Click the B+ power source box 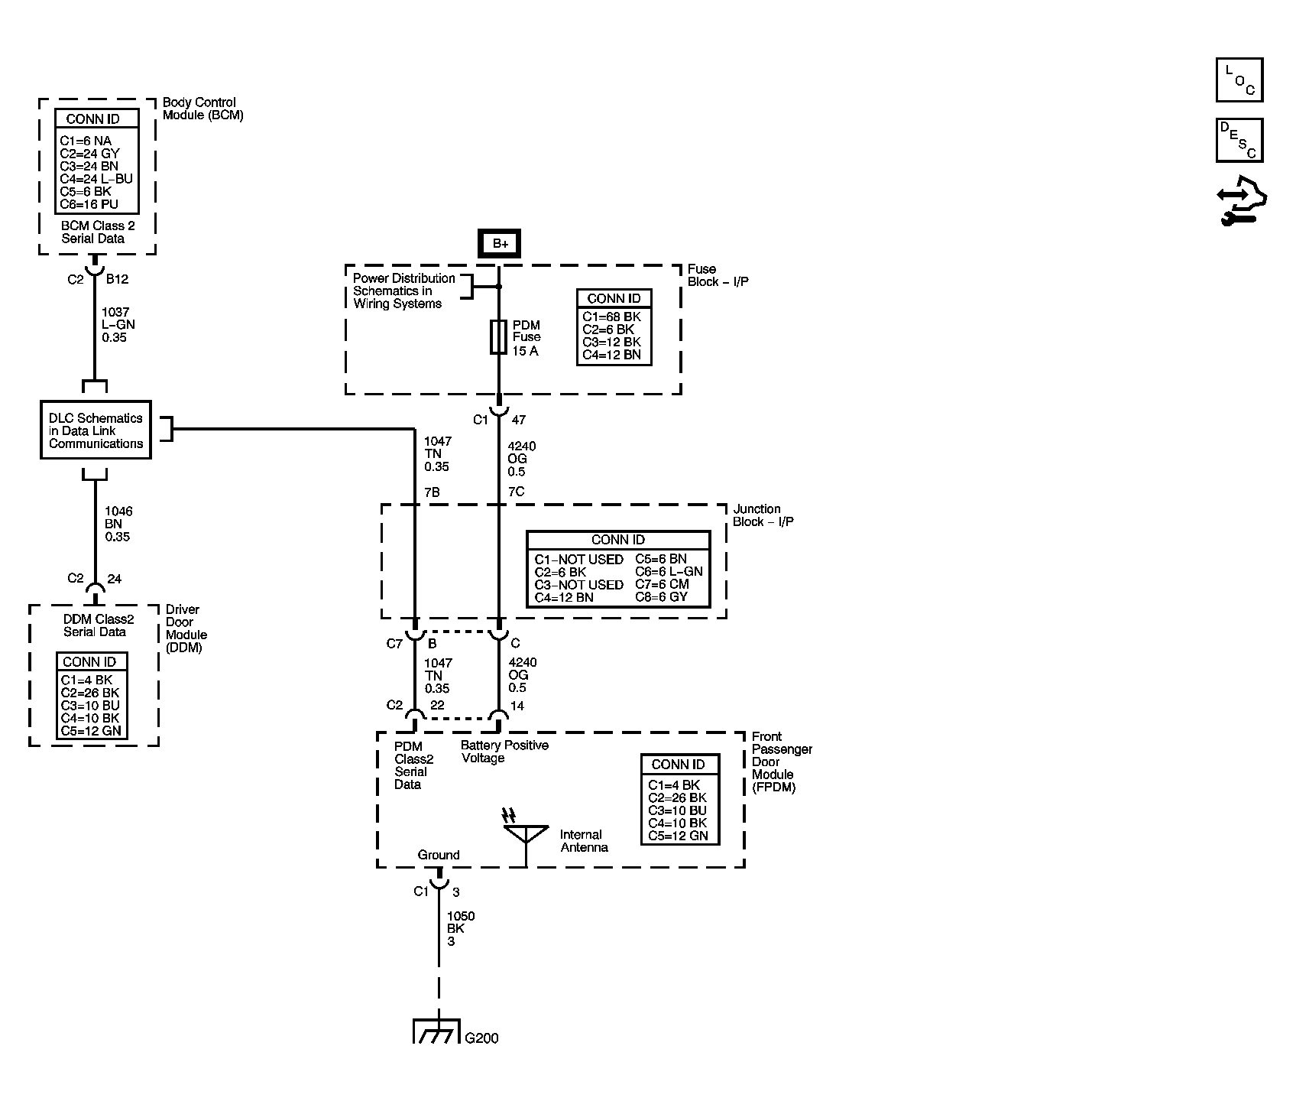pos(500,243)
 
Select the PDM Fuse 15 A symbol pos(498,336)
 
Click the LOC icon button pos(1239,80)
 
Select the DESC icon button pos(1239,140)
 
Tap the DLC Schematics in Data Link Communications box pos(96,430)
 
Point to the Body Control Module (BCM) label pos(202,109)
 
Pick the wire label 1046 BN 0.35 pos(118,524)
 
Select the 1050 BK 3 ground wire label pos(461,928)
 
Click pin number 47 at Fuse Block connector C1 pos(519,420)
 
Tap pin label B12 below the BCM pos(117,280)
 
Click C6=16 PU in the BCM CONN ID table pos(89,204)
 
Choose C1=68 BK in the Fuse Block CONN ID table pos(611,317)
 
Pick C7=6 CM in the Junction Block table pos(662,584)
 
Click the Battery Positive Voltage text pos(504,752)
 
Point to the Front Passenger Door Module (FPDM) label pos(781,762)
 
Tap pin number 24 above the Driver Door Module pos(114,579)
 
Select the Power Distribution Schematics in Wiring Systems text pos(403,291)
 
